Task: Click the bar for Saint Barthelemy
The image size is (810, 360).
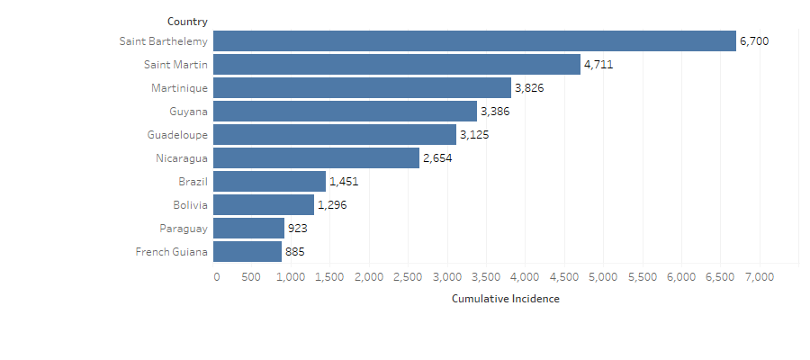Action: (474, 41)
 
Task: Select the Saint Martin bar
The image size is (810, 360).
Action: (397, 65)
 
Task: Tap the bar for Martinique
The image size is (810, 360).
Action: (362, 88)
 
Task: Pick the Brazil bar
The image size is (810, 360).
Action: (269, 182)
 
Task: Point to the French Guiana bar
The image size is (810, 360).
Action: (247, 252)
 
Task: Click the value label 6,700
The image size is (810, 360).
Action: (754, 41)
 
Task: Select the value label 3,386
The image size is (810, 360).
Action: (495, 112)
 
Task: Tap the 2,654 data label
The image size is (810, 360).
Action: (437, 158)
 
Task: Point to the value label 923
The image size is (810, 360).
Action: (298, 229)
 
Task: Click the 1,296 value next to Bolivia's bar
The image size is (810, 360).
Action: (332, 205)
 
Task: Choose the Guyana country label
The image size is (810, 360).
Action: (188, 112)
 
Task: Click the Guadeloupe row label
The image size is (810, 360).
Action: (177, 135)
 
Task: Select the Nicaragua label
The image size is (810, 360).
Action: (181, 158)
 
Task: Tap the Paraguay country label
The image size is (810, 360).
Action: (184, 229)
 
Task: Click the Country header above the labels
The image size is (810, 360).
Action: (187, 21)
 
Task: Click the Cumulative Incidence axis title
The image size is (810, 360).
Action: (505, 299)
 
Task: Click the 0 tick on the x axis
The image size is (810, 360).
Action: (216, 277)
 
